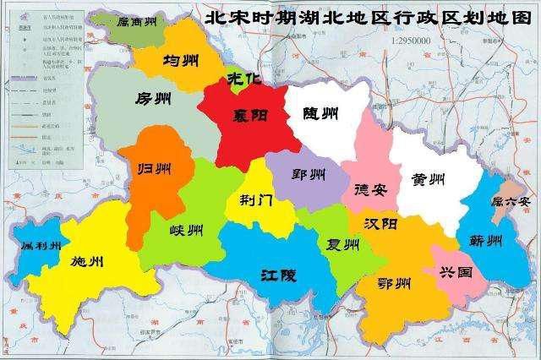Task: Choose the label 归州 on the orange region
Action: click(x=156, y=166)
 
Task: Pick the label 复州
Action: click(x=343, y=245)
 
